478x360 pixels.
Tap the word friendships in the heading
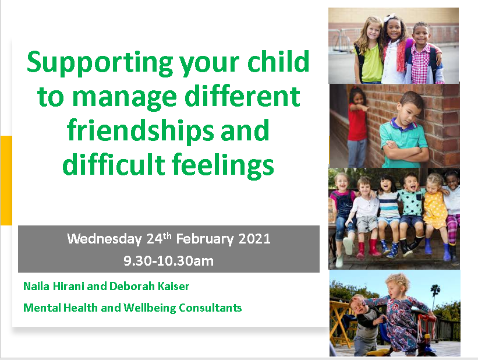pos(140,132)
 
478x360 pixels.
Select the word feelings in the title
pos(222,165)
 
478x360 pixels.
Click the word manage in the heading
pos(125,98)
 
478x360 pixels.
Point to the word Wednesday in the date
pos(104,239)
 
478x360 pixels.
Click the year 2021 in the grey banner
pos(254,239)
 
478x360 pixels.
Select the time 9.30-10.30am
pos(169,261)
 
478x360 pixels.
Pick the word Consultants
pos(210,308)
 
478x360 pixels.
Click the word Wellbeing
pos(150,308)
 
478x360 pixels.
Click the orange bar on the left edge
pos(6,181)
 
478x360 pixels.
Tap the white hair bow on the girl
pos(390,17)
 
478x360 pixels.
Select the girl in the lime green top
pos(369,50)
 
